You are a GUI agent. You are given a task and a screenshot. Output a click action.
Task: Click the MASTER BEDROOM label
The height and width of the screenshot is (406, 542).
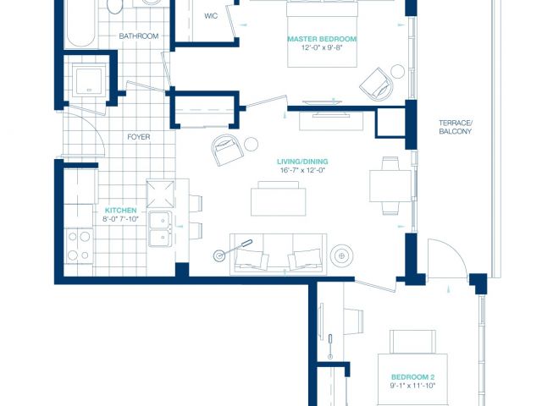[x=322, y=39]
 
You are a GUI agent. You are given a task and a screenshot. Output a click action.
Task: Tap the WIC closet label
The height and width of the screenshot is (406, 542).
[x=211, y=16]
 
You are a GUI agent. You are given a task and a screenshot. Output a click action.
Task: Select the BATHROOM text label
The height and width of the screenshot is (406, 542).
[x=139, y=36]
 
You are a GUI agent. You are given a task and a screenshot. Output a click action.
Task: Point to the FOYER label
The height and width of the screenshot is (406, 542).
[x=139, y=137]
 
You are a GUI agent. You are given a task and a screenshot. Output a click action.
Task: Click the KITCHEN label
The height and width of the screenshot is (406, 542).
[x=120, y=211]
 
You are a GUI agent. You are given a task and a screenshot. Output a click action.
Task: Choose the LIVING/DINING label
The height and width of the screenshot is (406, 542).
[x=302, y=162]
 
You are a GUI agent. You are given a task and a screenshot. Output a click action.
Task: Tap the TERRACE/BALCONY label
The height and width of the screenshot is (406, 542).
[x=456, y=127]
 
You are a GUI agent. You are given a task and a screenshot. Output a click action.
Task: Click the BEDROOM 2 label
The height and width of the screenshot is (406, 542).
[x=412, y=377]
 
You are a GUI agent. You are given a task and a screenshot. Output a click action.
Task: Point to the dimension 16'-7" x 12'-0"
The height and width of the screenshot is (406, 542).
[x=302, y=170]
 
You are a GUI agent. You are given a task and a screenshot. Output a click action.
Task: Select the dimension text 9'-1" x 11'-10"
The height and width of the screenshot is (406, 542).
[x=412, y=386]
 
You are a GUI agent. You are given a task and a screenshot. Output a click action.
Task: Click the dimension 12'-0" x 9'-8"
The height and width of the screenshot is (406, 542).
[x=322, y=47]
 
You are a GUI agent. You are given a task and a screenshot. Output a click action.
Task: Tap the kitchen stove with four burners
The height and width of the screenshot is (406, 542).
[x=79, y=246]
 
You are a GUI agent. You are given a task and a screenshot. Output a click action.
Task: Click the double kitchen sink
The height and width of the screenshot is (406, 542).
[x=160, y=228]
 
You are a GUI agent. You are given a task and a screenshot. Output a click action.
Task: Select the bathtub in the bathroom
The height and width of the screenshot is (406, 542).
[x=80, y=24]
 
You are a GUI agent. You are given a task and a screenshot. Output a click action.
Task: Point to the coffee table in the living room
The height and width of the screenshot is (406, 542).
[x=279, y=199]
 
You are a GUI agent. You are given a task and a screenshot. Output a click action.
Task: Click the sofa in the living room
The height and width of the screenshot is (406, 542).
[x=279, y=254]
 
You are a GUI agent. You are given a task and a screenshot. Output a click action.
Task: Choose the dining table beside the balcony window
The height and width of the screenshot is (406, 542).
[x=390, y=186]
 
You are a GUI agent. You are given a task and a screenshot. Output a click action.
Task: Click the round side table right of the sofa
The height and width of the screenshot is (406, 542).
[x=341, y=255]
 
